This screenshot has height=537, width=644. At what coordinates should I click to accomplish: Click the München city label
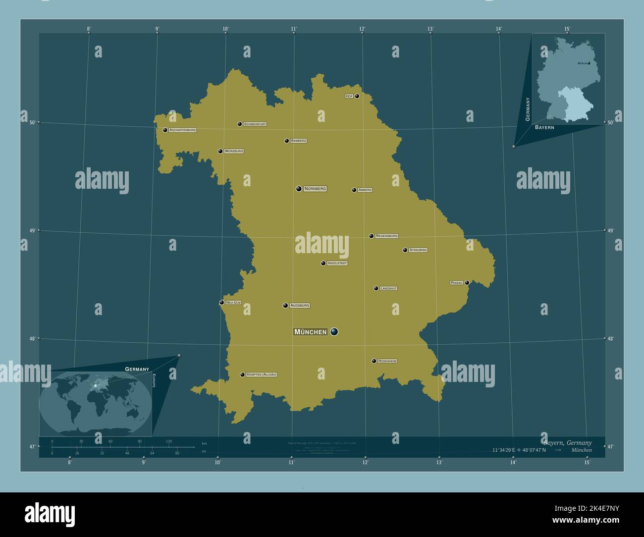click(311, 332)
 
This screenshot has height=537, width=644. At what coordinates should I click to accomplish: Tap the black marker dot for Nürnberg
click(299, 189)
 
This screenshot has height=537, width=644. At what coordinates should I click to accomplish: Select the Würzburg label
click(234, 151)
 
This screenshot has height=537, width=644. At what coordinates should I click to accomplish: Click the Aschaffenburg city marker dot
click(165, 130)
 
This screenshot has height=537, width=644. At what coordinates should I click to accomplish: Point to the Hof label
click(349, 96)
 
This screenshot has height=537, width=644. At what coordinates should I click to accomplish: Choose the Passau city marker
click(467, 283)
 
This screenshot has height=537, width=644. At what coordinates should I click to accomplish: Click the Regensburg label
click(387, 236)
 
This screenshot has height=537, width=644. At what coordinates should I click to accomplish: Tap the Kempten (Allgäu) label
click(262, 375)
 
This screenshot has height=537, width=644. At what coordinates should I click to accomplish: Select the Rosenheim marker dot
click(374, 361)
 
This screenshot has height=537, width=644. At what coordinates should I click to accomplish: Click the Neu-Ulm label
click(233, 302)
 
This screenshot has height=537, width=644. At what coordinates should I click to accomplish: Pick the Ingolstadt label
click(337, 263)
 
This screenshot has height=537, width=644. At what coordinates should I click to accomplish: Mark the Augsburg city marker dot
click(285, 306)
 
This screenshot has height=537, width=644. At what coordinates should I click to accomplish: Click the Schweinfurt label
click(255, 124)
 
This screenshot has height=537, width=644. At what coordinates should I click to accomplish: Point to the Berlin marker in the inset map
click(589, 63)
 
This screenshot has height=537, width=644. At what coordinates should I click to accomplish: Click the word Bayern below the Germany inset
click(544, 127)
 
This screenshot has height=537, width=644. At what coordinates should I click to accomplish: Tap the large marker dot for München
click(334, 331)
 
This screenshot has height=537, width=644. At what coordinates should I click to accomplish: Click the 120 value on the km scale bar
click(169, 441)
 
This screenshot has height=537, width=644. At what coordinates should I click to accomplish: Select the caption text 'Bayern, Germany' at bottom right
click(567, 442)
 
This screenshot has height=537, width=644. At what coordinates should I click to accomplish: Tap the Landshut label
click(389, 288)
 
